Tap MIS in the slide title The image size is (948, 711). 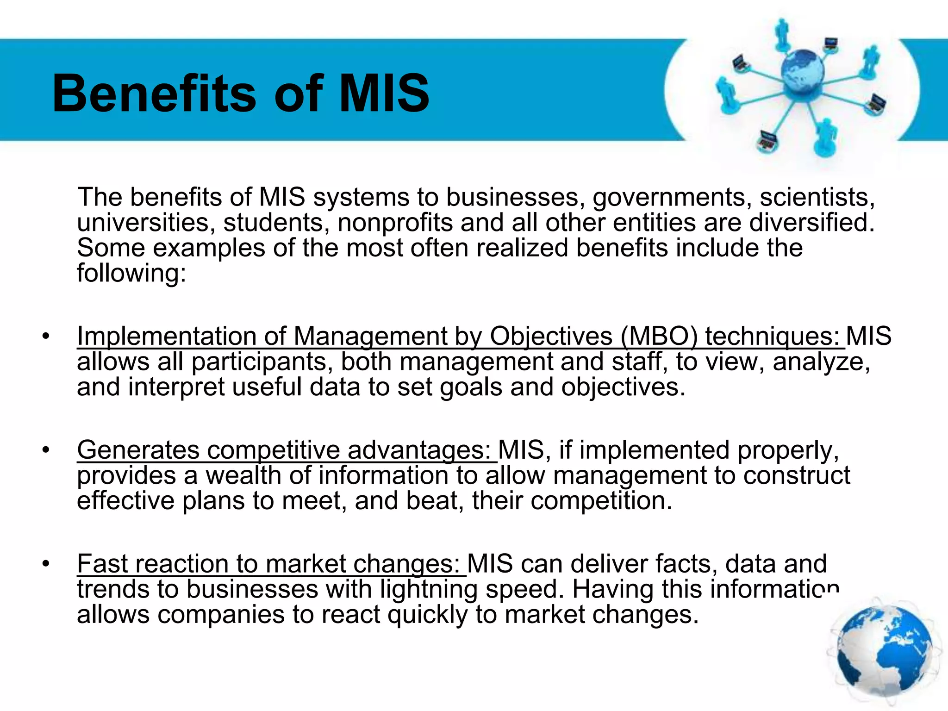pos(384,94)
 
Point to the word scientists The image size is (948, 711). pos(817,197)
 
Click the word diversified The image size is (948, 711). pos(812,223)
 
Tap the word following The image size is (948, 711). pos(131,273)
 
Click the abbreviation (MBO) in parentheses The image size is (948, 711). pos(659,336)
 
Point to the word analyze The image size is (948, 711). pos(821,362)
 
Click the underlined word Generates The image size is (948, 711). pos(138,450)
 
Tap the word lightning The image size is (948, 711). pos(429,589)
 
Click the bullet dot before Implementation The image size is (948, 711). pos(45,337)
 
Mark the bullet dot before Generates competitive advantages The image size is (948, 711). pos(45,450)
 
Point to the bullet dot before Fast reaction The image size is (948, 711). pos(45,564)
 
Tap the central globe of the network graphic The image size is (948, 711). pos(802,71)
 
